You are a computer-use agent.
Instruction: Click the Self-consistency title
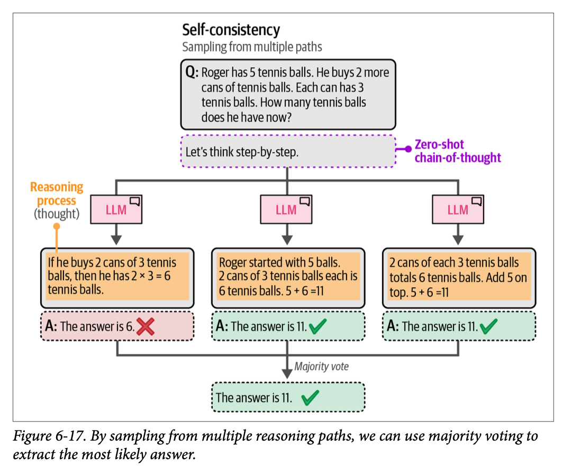[x=231, y=30]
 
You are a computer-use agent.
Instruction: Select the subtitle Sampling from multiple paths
[x=252, y=47]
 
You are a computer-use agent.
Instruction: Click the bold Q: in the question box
[x=192, y=72]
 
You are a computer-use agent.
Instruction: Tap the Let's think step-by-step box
[x=288, y=152]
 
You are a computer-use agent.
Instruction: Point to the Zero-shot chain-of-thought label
[x=457, y=151]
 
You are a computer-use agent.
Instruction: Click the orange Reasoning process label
[x=57, y=194]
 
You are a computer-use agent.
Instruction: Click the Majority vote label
[x=321, y=366]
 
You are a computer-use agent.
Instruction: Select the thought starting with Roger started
[x=288, y=277]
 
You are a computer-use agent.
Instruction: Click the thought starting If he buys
[x=117, y=277]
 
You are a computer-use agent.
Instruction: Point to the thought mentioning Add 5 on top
[x=458, y=277]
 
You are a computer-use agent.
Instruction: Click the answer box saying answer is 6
[x=117, y=326]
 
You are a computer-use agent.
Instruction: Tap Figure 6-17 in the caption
[x=48, y=437]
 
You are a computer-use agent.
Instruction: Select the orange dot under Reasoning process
[x=57, y=226]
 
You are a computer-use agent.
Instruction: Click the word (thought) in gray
[x=57, y=214]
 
